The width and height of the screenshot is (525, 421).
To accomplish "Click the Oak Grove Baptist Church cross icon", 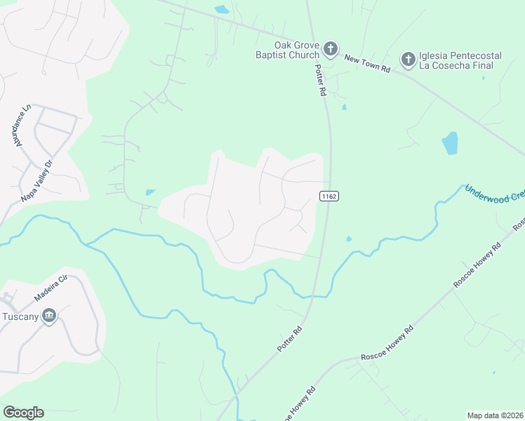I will (331, 50).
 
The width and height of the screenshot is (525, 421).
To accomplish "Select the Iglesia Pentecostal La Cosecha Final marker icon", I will (408, 60).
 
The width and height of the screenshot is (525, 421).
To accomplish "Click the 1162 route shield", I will (330, 196).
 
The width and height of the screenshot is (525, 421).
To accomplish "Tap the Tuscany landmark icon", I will (49, 316).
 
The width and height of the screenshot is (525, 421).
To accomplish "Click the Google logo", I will (23, 413).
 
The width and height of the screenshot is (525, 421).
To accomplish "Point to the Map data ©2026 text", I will (494, 415).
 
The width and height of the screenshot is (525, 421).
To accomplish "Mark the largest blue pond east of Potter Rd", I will (450, 143).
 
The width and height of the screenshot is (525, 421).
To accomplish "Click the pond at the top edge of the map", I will (222, 10).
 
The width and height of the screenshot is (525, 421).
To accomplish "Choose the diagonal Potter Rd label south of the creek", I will (289, 339).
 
